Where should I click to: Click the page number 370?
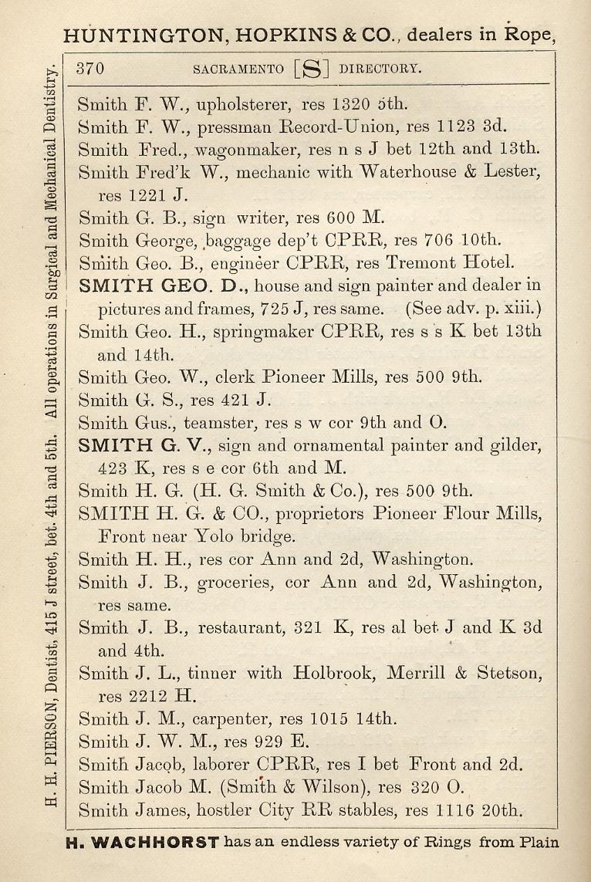(x=90, y=68)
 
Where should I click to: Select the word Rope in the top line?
(x=529, y=35)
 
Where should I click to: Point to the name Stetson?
(x=509, y=673)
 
